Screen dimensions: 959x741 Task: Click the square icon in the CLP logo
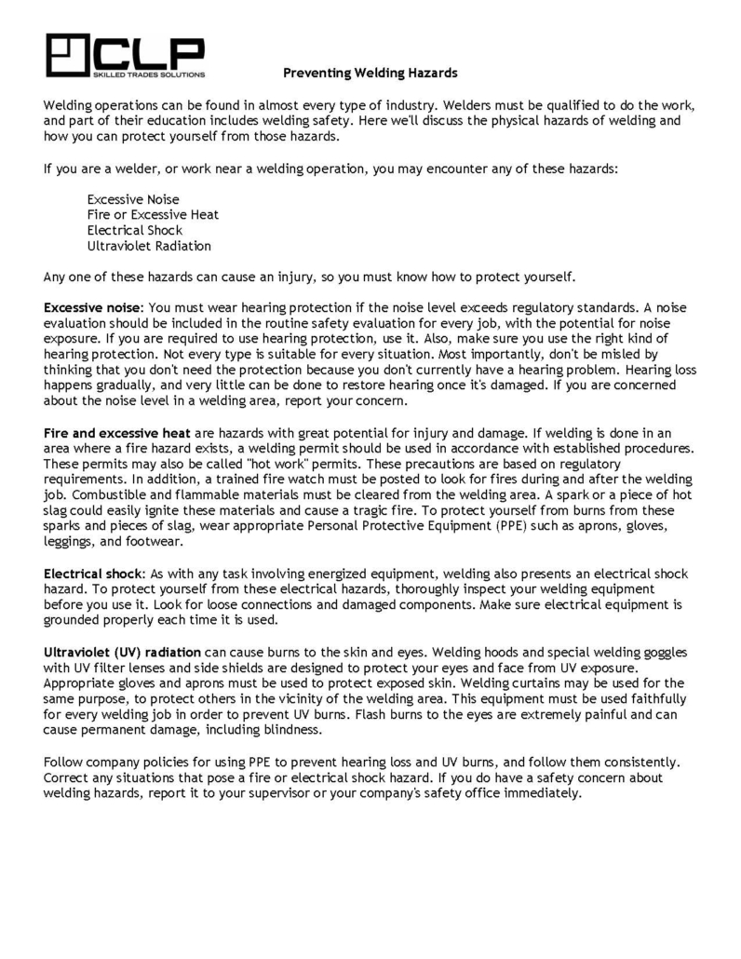(x=66, y=55)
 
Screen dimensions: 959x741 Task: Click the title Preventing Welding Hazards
(x=370, y=72)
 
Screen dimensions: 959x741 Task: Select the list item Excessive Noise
(x=133, y=199)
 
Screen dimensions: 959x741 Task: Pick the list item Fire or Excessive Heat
(x=153, y=215)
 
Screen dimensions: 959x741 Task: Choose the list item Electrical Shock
(x=134, y=231)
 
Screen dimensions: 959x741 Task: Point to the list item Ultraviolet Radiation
(x=149, y=247)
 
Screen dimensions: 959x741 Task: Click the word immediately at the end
(x=539, y=794)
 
